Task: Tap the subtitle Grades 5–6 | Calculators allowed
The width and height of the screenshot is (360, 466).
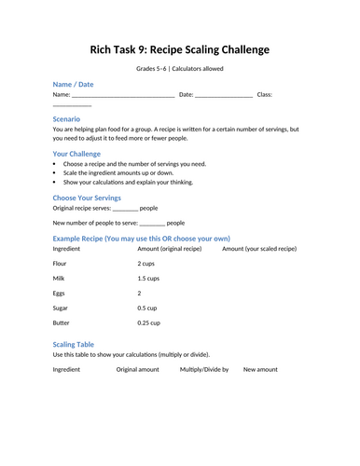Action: pos(180,68)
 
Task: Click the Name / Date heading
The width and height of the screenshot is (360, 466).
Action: pos(73,84)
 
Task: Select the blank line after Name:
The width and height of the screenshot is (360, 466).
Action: pos(122,95)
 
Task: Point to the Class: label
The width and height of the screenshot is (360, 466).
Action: pos(264,94)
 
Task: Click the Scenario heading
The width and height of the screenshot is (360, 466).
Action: pos(66,118)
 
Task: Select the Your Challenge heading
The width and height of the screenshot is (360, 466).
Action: pos(80,153)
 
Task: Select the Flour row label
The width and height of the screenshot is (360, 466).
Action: pos(61,265)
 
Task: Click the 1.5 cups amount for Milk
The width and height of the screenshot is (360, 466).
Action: pos(148,279)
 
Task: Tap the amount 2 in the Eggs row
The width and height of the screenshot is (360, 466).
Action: pos(139,293)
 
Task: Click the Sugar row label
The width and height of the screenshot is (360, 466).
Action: pos(61,308)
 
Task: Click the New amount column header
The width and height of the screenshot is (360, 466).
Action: pos(260,369)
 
